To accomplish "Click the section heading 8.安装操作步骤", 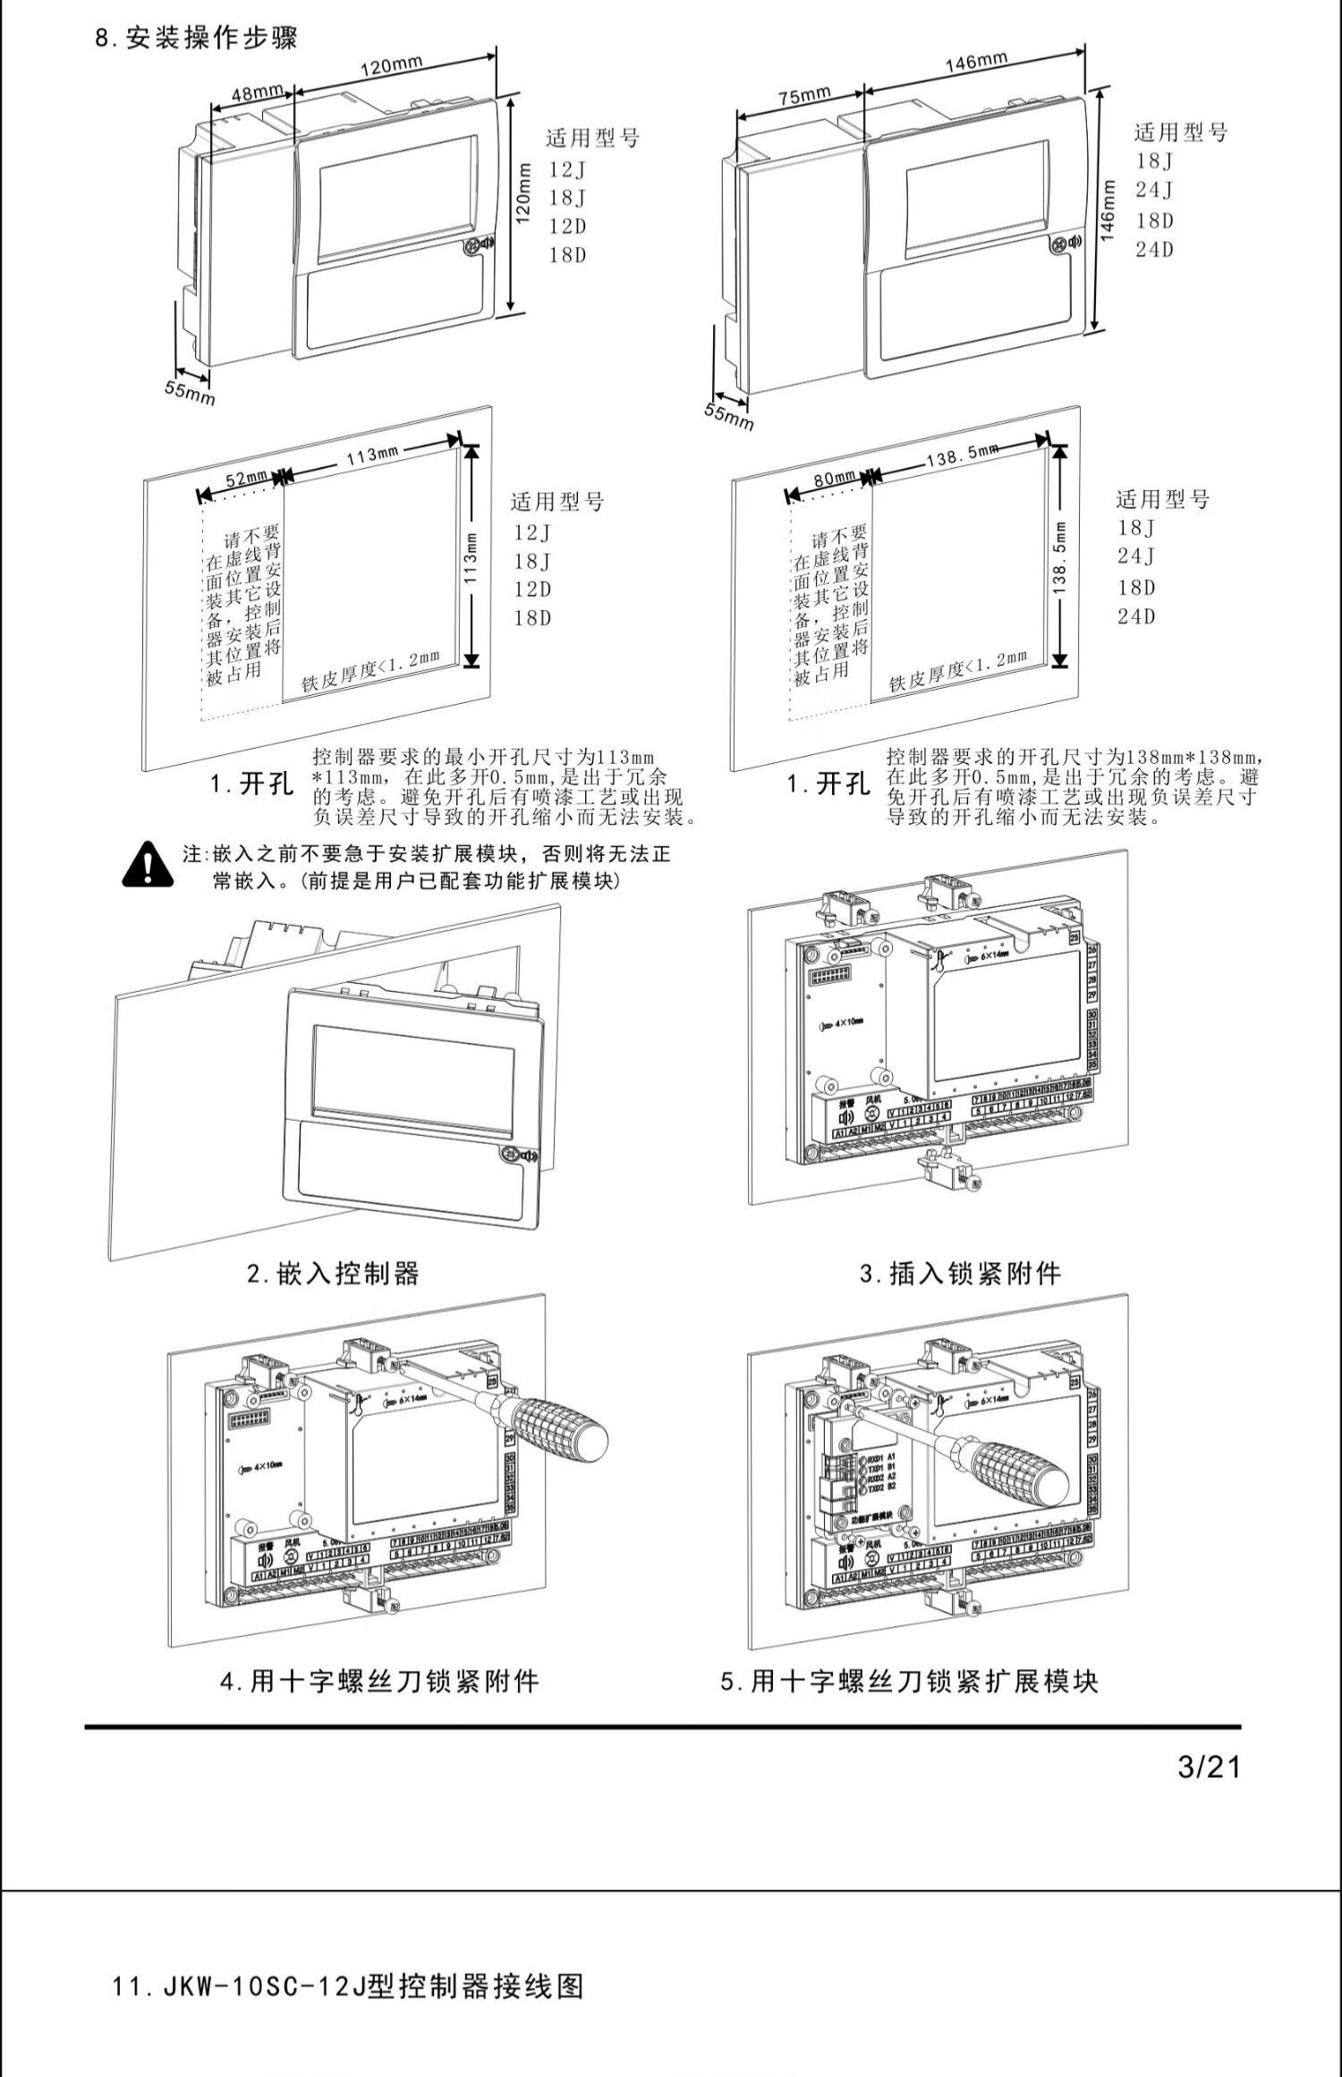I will click(x=197, y=38).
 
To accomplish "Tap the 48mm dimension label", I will click(x=257, y=92).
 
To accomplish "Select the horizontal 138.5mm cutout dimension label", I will click(x=961, y=456).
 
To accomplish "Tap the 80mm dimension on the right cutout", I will click(x=834, y=479).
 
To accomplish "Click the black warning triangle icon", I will click(x=148, y=865).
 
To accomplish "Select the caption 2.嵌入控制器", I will click(x=333, y=1273).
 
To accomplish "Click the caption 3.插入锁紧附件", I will click(x=960, y=1273).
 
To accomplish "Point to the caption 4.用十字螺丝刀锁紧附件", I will click(x=379, y=1681).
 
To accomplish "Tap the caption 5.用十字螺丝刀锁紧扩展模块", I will click(x=909, y=1681).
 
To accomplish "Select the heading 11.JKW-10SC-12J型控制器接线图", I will click(x=348, y=1987).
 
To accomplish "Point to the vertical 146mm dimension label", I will click(x=1108, y=211).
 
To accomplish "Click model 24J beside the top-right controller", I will click(x=1154, y=190).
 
